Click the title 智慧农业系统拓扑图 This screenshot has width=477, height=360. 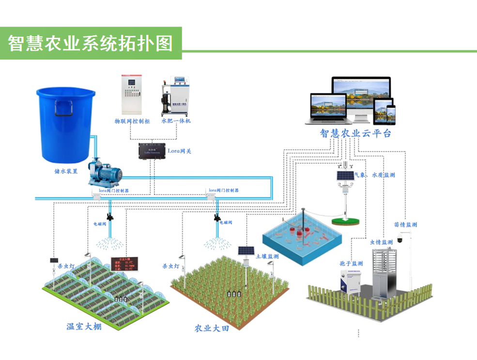(x=91, y=43)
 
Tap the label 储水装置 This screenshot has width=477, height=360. (x=66, y=171)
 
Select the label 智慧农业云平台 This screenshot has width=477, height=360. (x=355, y=134)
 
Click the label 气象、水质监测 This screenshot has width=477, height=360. (x=375, y=175)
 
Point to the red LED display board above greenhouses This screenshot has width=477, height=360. (x=124, y=265)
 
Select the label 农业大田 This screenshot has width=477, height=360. (x=212, y=328)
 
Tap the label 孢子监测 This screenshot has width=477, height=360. (x=351, y=263)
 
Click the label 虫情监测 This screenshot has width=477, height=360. (x=381, y=242)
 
